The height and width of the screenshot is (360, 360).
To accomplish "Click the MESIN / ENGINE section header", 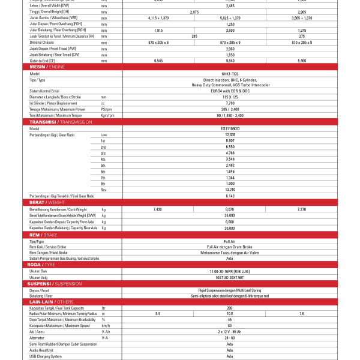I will click(47, 67).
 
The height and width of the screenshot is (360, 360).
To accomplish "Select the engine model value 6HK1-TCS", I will click(230, 73).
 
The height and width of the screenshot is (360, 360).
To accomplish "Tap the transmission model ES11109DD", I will click(230, 128).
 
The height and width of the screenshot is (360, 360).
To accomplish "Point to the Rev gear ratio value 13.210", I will click(230, 190).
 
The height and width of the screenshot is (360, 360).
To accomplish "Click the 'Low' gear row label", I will click(104, 134).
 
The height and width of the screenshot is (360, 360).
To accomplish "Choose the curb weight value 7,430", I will click(158, 209).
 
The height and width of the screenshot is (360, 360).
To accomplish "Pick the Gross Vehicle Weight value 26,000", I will click(230, 215).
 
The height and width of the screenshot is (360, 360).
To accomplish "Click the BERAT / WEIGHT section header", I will click(47, 203).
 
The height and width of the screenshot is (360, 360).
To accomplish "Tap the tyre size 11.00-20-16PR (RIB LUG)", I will click(230, 272).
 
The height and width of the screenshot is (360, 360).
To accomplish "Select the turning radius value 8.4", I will click(158, 313).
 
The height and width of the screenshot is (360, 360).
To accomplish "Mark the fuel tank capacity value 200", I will click(230, 307).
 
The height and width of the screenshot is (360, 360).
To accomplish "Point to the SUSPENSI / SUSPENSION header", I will click(55, 283).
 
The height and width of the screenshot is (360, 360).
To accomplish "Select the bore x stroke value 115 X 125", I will click(230, 97).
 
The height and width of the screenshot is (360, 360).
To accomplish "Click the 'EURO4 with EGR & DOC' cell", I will click(230, 91).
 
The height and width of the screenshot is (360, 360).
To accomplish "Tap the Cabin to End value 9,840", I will click(230, 61).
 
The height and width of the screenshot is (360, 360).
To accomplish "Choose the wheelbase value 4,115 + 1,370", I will click(158, 18).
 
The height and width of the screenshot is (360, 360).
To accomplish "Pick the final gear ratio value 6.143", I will click(230, 196).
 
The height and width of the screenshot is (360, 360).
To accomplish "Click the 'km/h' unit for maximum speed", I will click(106, 325).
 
